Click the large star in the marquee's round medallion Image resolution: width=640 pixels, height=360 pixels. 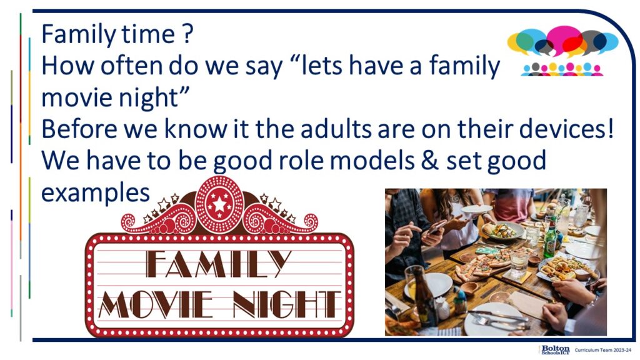click(219, 204)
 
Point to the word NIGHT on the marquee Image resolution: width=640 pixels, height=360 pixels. click(286, 304)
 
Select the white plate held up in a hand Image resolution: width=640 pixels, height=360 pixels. click(477, 209)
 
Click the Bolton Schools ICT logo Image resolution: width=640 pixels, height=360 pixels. click(555, 350)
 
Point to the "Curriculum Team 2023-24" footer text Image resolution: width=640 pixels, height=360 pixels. click(602, 350)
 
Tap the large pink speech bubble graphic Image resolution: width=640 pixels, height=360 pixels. click(564, 39)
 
